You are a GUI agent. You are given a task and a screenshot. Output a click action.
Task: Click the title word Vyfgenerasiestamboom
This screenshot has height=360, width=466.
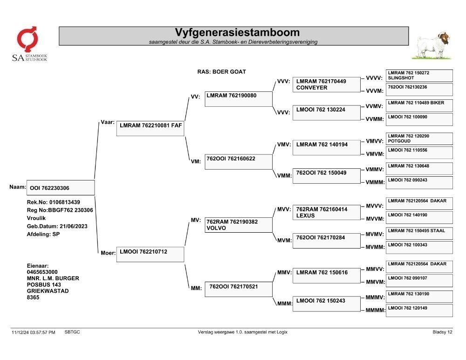[237, 33]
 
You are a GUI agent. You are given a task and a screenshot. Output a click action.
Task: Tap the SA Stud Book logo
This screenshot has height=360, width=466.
[29, 44]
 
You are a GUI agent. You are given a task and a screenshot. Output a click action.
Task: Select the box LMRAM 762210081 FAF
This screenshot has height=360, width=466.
[150, 129]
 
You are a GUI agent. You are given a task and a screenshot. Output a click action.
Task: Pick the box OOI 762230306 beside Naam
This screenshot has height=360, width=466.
[61, 188]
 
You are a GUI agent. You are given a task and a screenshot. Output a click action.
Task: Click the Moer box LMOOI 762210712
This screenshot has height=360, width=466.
[150, 255]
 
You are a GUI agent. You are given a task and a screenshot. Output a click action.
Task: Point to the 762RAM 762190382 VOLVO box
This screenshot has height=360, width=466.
[238, 225]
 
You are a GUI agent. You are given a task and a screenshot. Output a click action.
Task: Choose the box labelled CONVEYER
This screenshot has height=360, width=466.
[326, 84]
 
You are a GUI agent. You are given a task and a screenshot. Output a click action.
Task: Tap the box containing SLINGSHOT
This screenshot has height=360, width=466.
[419, 76]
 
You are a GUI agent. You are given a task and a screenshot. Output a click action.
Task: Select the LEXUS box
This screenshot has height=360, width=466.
[326, 213]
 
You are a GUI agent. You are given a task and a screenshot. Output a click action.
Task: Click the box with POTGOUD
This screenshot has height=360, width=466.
[419, 138]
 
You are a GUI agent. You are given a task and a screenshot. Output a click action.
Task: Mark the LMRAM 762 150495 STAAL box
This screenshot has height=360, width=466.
[419, 233]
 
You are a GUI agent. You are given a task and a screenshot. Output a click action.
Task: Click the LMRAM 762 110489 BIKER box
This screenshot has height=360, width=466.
[419, 105]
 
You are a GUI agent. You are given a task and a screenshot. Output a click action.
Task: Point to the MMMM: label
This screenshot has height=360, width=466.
[375, 310]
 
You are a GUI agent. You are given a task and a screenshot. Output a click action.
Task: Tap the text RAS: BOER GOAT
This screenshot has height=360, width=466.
[222, 72]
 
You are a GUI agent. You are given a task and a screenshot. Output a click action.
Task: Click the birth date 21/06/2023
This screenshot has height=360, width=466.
[74, 226]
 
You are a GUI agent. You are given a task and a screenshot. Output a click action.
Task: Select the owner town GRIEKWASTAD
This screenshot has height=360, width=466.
[48, 291]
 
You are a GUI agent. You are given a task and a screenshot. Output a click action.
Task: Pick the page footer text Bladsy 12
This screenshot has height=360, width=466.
[442, 332]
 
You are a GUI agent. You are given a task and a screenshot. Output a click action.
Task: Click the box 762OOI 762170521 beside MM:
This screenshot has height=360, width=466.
[238, 289]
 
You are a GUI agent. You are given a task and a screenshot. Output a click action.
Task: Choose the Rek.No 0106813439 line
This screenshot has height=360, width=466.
[54, 202]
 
